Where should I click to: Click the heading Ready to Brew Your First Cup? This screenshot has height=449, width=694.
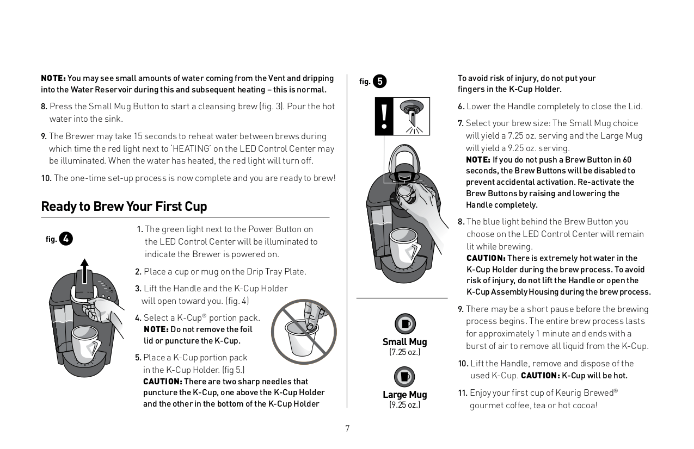pyautogui.click(x=124, y=207)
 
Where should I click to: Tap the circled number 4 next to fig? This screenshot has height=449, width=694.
pyautogui.click(x=66, y=239)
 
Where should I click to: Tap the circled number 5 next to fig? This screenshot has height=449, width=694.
pyautogui.click(x=379, y=82)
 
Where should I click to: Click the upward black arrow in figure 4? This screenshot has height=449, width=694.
pyautogui.click(x=84, y=270)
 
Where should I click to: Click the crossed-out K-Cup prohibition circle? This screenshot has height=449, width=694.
pyautogui.click(x=304, y=332)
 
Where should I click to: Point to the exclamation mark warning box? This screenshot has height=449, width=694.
pyautogui.click(x=384, y=116)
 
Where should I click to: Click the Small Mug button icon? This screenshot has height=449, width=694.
pyautogui.click(x=404, y=324)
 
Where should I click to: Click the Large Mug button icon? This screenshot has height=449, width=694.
pyautogui.click(x=404, y=376)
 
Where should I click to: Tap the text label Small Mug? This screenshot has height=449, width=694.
pyautogui.click(x=404, y=342)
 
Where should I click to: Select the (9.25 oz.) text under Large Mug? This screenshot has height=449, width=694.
pyautogui.click(x=404, y=405)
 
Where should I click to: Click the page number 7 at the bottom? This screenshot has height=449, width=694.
pyautogui.click(x=347, y=429)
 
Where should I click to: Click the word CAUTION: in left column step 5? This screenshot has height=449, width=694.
pyautogui.click(x=162, y=382)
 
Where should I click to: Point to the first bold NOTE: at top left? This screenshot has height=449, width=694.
pyautogui.click(x=53, y=78)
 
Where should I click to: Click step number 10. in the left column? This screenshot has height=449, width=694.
pyautogui.click(x=46, y=178)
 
